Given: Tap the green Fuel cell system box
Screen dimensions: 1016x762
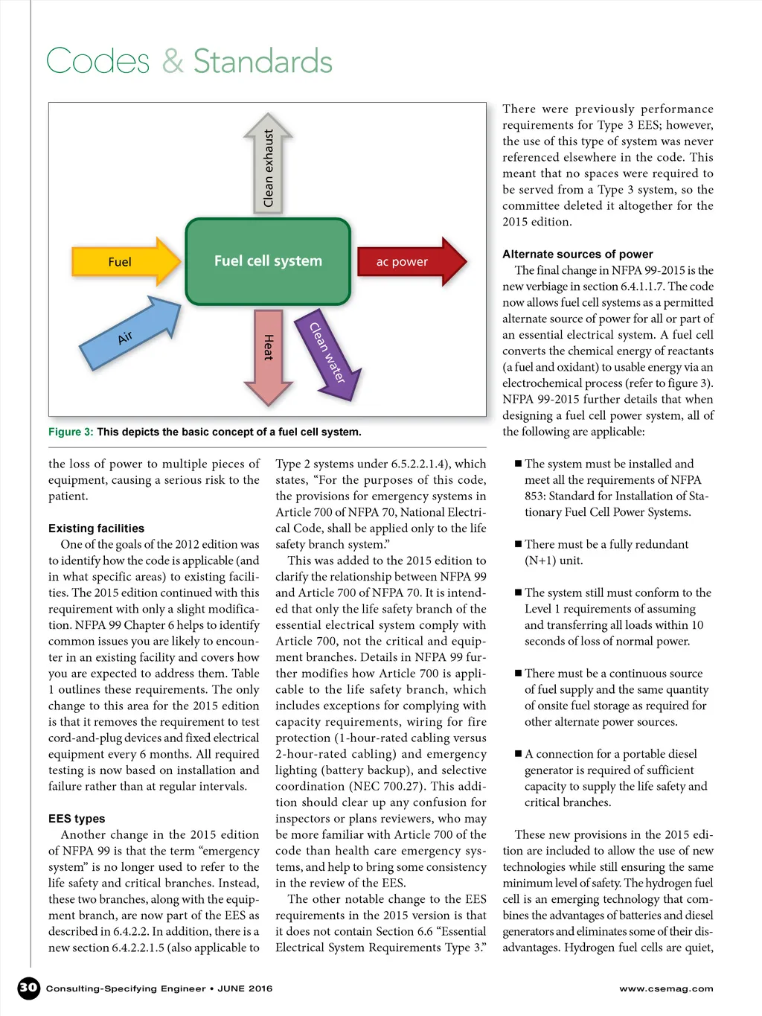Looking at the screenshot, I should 268,261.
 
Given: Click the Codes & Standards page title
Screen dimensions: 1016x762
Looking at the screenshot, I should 189,61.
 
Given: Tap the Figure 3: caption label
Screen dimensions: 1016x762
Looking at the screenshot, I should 71,432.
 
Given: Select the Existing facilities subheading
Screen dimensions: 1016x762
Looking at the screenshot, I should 96,528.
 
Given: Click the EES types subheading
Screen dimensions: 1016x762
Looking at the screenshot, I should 77,818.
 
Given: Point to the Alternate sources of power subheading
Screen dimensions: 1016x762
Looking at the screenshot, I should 577,254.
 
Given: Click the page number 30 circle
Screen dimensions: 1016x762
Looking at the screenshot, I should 28,988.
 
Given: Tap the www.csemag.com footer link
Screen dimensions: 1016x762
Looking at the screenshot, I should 666,988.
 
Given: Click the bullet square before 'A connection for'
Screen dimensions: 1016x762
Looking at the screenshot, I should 518,754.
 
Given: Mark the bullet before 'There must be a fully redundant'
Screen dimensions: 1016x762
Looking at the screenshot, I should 518,544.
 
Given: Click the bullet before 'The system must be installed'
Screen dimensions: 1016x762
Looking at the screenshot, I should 518,464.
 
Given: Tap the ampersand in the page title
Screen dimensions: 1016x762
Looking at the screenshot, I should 173,61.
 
